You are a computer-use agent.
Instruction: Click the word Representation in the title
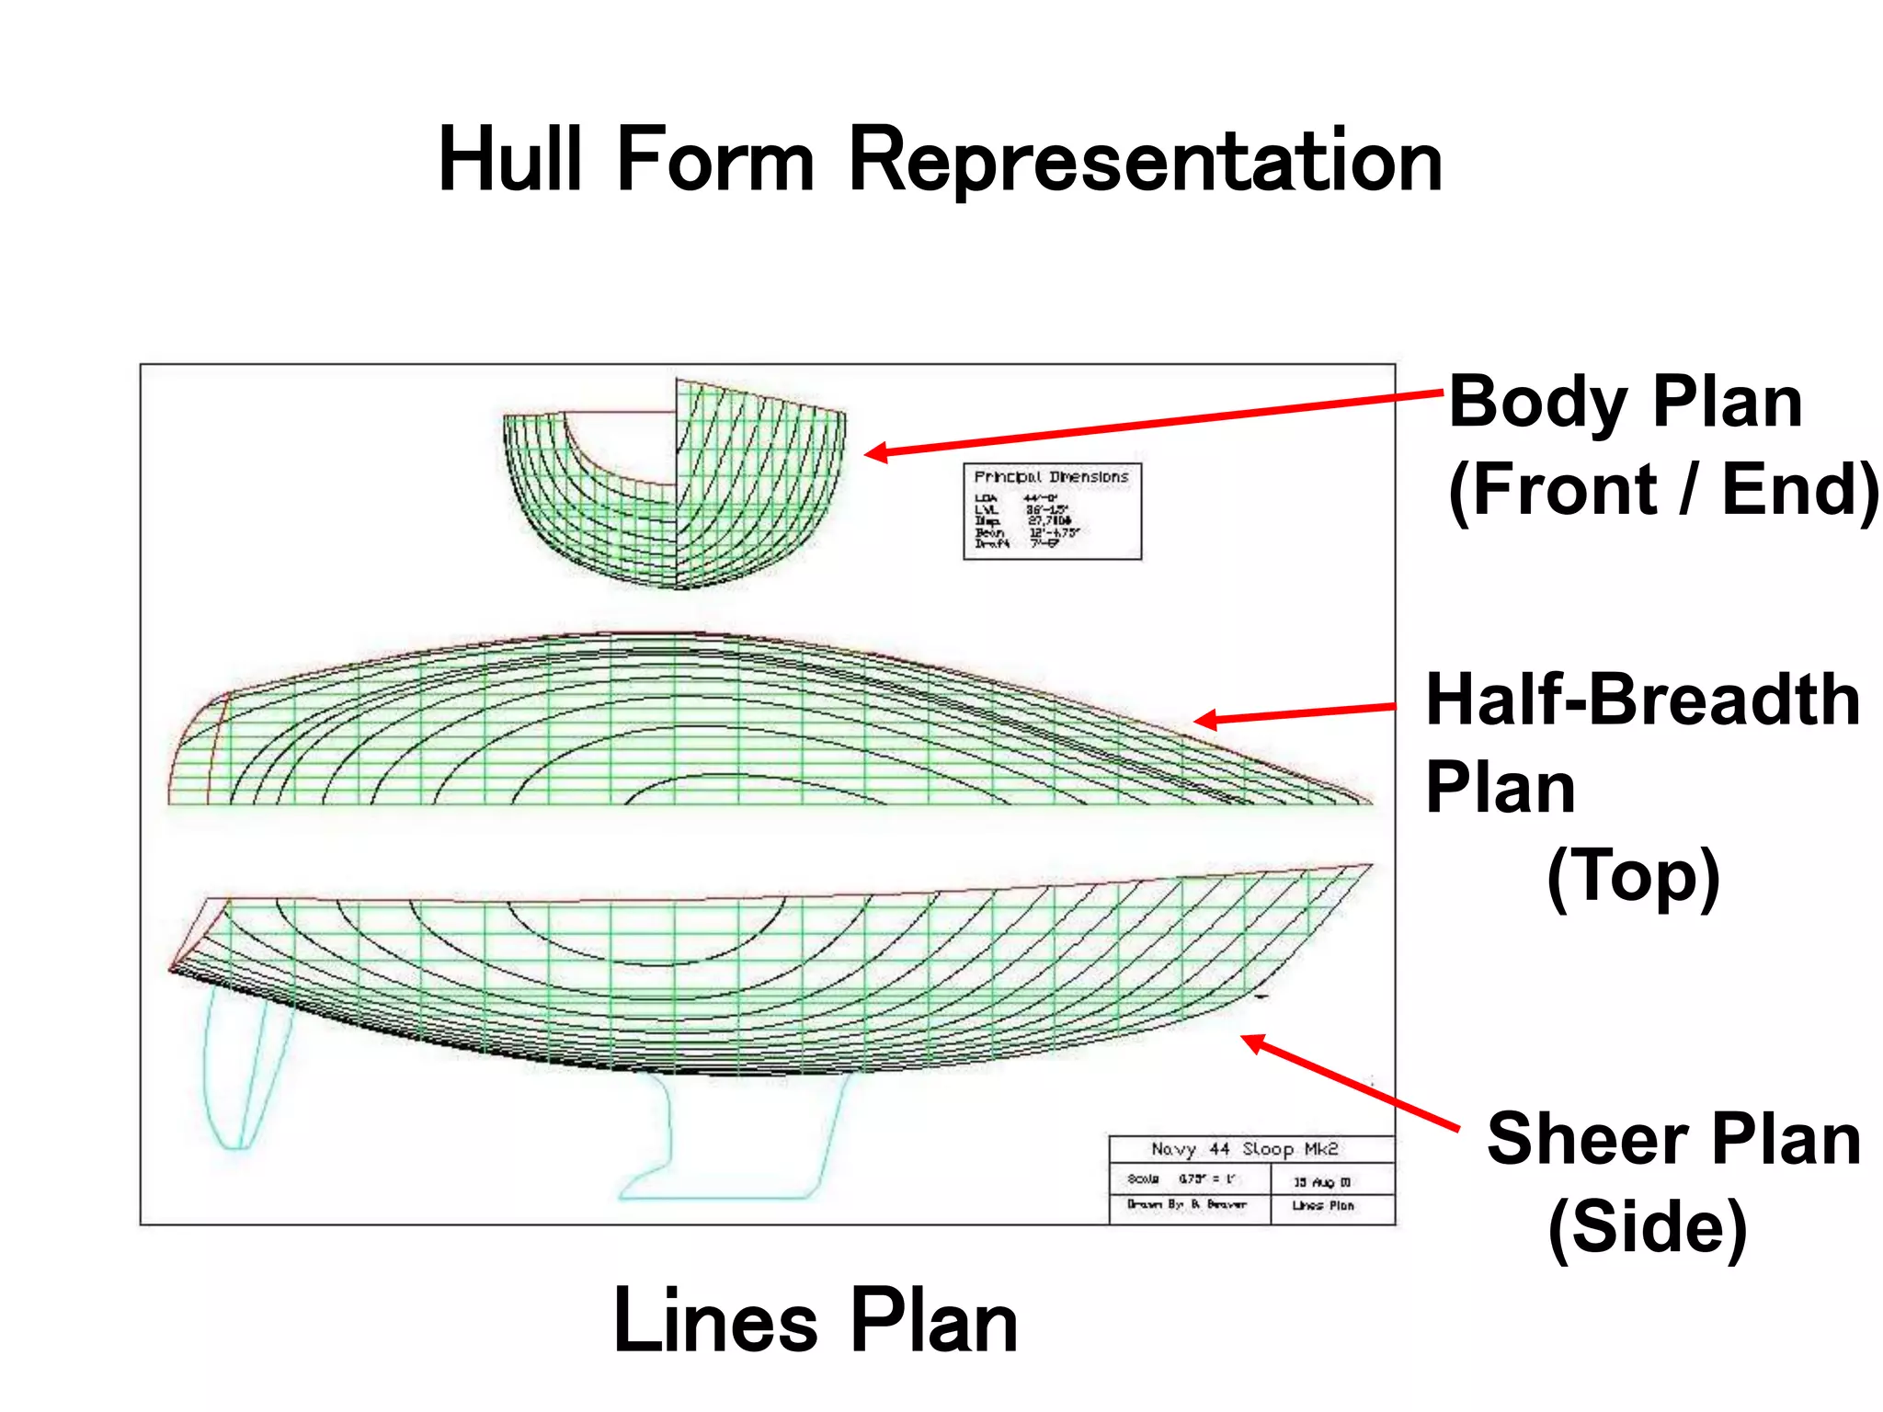click(x=1145, y=161)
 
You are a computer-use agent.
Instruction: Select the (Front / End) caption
click(x=1661, y=490)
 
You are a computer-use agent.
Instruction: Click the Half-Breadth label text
click(x=1642, y=700)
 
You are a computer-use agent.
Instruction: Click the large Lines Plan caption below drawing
click(x=815, y=1322)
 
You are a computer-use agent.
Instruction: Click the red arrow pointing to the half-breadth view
click(x=1296, y=713)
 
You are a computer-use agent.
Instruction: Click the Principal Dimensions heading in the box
click(x=1051, y=477)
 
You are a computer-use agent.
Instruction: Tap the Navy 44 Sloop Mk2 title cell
click(x=1245, y=1149)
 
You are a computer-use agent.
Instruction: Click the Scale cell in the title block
click(x=1185, y=1179)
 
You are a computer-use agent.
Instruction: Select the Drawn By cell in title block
click(x=1187, y=1204)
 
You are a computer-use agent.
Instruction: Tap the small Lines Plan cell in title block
click(x=1323, y=1205)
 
